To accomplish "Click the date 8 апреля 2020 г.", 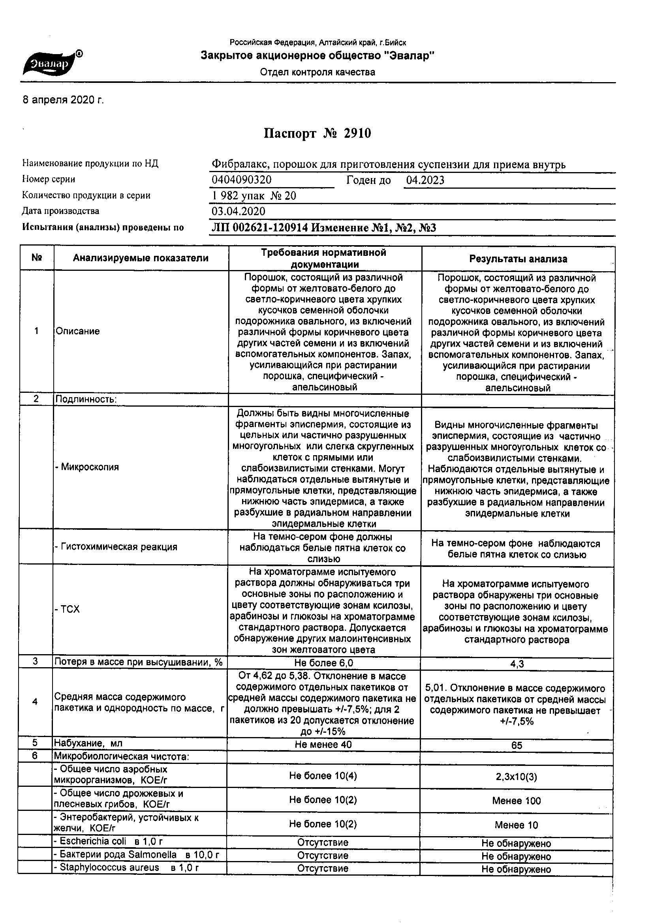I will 63,100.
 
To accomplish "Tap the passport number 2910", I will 357,133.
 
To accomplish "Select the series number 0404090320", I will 242,180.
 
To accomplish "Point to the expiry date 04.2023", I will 425,180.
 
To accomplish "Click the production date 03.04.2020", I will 239,212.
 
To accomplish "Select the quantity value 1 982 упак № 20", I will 254,196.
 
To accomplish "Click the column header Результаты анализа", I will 518,259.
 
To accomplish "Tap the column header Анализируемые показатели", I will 141,258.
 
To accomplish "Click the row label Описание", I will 78,331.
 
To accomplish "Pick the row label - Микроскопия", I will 87,467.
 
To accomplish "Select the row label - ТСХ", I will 68,610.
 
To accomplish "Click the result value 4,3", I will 517,664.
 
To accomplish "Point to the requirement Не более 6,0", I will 324,663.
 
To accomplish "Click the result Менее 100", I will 517,801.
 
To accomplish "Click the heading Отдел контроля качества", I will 318,72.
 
